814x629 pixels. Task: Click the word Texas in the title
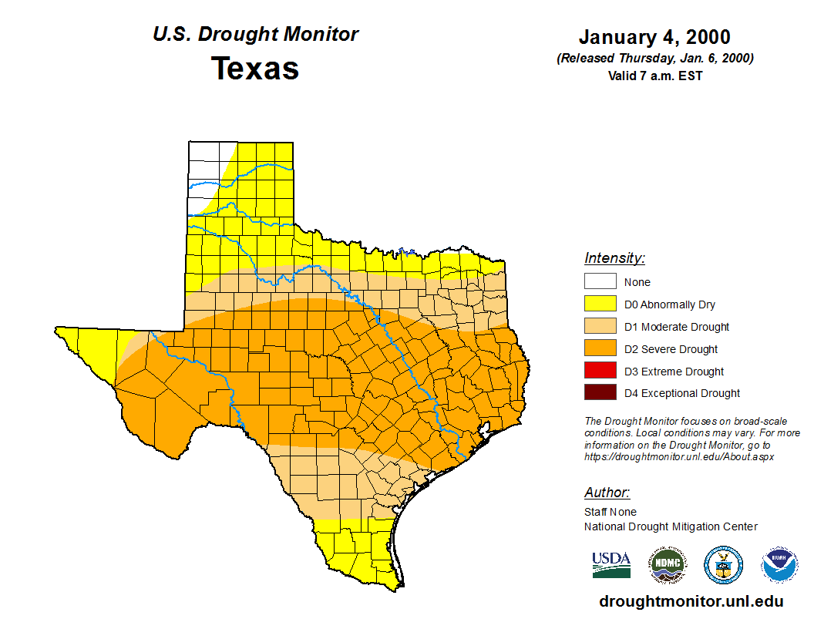(x=255, y=69)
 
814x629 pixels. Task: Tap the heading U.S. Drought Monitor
(x=255, y=35)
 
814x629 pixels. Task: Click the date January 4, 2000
(x=654, y=37)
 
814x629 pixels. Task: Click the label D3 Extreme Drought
(x=674, y=372)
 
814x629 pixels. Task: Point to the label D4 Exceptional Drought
(x=682, y=393)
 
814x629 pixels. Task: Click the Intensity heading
(x=614, y=258)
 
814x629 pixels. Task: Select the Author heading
(x=607, y=493)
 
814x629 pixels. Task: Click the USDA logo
(x=611, y=565)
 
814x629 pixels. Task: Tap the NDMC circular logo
(x=667, y=566)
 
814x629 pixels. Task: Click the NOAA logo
(x=779, y=566)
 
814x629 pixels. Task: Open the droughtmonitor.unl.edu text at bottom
(x=691, y=602)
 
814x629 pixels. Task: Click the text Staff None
(x=610, y=512)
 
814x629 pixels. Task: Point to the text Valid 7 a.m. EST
(x=654, y=76)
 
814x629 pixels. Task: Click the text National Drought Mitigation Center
(x=671, y=526)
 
